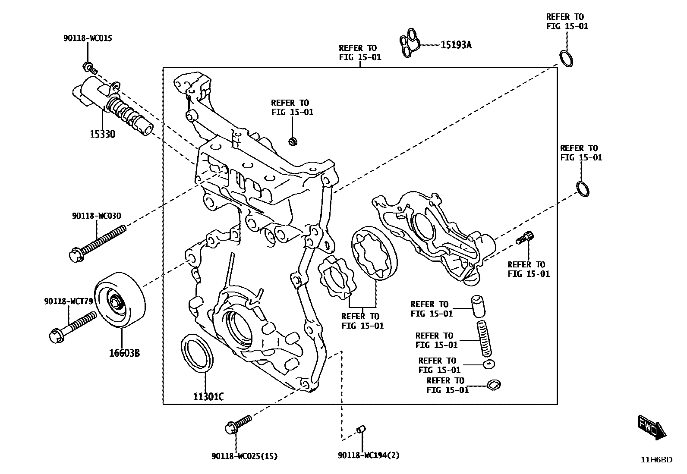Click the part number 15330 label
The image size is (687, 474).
(102, 134)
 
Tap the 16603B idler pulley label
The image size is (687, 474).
(124, 353)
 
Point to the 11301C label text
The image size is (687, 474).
(208, 397)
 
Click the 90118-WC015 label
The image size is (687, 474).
(88, 38)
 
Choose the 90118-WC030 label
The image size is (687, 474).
(96, 216)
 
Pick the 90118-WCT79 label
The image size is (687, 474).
(68, 301)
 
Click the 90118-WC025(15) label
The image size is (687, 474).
(244, 456)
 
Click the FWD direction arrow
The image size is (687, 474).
(652, 427)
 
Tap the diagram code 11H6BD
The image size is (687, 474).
(656, 460)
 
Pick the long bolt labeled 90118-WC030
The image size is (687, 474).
(97, 243)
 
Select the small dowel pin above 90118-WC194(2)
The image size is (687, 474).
(362, 429)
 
